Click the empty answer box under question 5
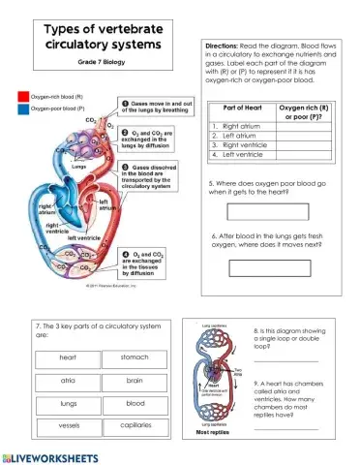pos(268,212)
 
